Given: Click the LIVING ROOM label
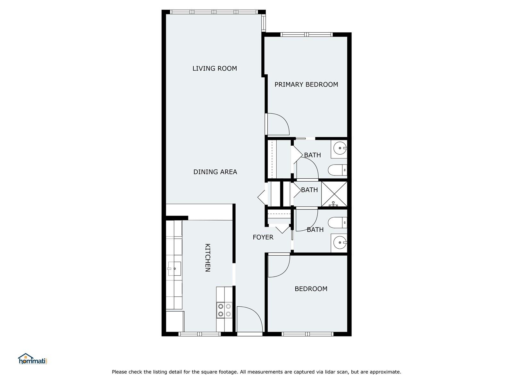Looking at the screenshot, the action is pos(214,68).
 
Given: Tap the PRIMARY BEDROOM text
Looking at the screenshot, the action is pos(306,85).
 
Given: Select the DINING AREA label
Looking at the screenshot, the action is pos(215,172).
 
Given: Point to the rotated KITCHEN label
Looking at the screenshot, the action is pos(207,258).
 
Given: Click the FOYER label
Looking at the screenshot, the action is pos(263,237).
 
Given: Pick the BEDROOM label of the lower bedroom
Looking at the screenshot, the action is pos(311,289).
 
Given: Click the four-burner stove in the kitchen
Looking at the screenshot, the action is pos(224,310).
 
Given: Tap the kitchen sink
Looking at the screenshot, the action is pos(174,269).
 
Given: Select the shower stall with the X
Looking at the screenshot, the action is pos(334,194).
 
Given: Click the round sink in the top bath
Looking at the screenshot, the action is pos(340,148).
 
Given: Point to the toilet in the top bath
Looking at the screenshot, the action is pos(338,170).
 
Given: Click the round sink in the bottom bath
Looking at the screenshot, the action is pos(340,243).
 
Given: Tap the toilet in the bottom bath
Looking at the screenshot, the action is pos(338,223).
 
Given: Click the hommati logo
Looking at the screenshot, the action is pos(33,359).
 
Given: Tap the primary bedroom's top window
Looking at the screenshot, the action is pos(307,35).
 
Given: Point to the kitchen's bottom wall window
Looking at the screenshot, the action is pos(200,334).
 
